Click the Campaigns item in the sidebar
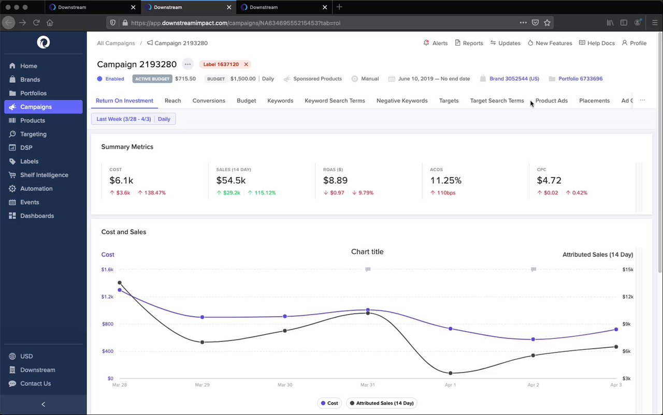click(x=36, y=107)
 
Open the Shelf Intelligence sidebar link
click(x=44, y=175)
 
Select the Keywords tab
click(x=280, y=100)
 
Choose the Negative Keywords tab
click(x=402, y=100)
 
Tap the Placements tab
click(x=594, y=100)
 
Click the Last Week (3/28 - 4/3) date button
click(x=124, y=119)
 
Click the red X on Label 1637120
click(x=246, y=65)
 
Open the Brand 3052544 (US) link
click(x=514, y=79)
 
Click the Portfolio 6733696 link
click(x=580, y=79)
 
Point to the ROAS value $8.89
click(x=335, y=180)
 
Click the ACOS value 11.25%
click(x=445, y=180)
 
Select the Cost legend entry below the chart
click(x=329, y=403)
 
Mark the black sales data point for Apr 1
click(x=450, y=373)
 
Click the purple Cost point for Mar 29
click(x=202, y=317)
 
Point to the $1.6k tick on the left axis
click(x=107, y=270)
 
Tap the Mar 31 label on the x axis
click(x=367, y=385)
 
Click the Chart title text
click(x=367, y=251)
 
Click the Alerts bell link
click(x=435, y=43)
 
